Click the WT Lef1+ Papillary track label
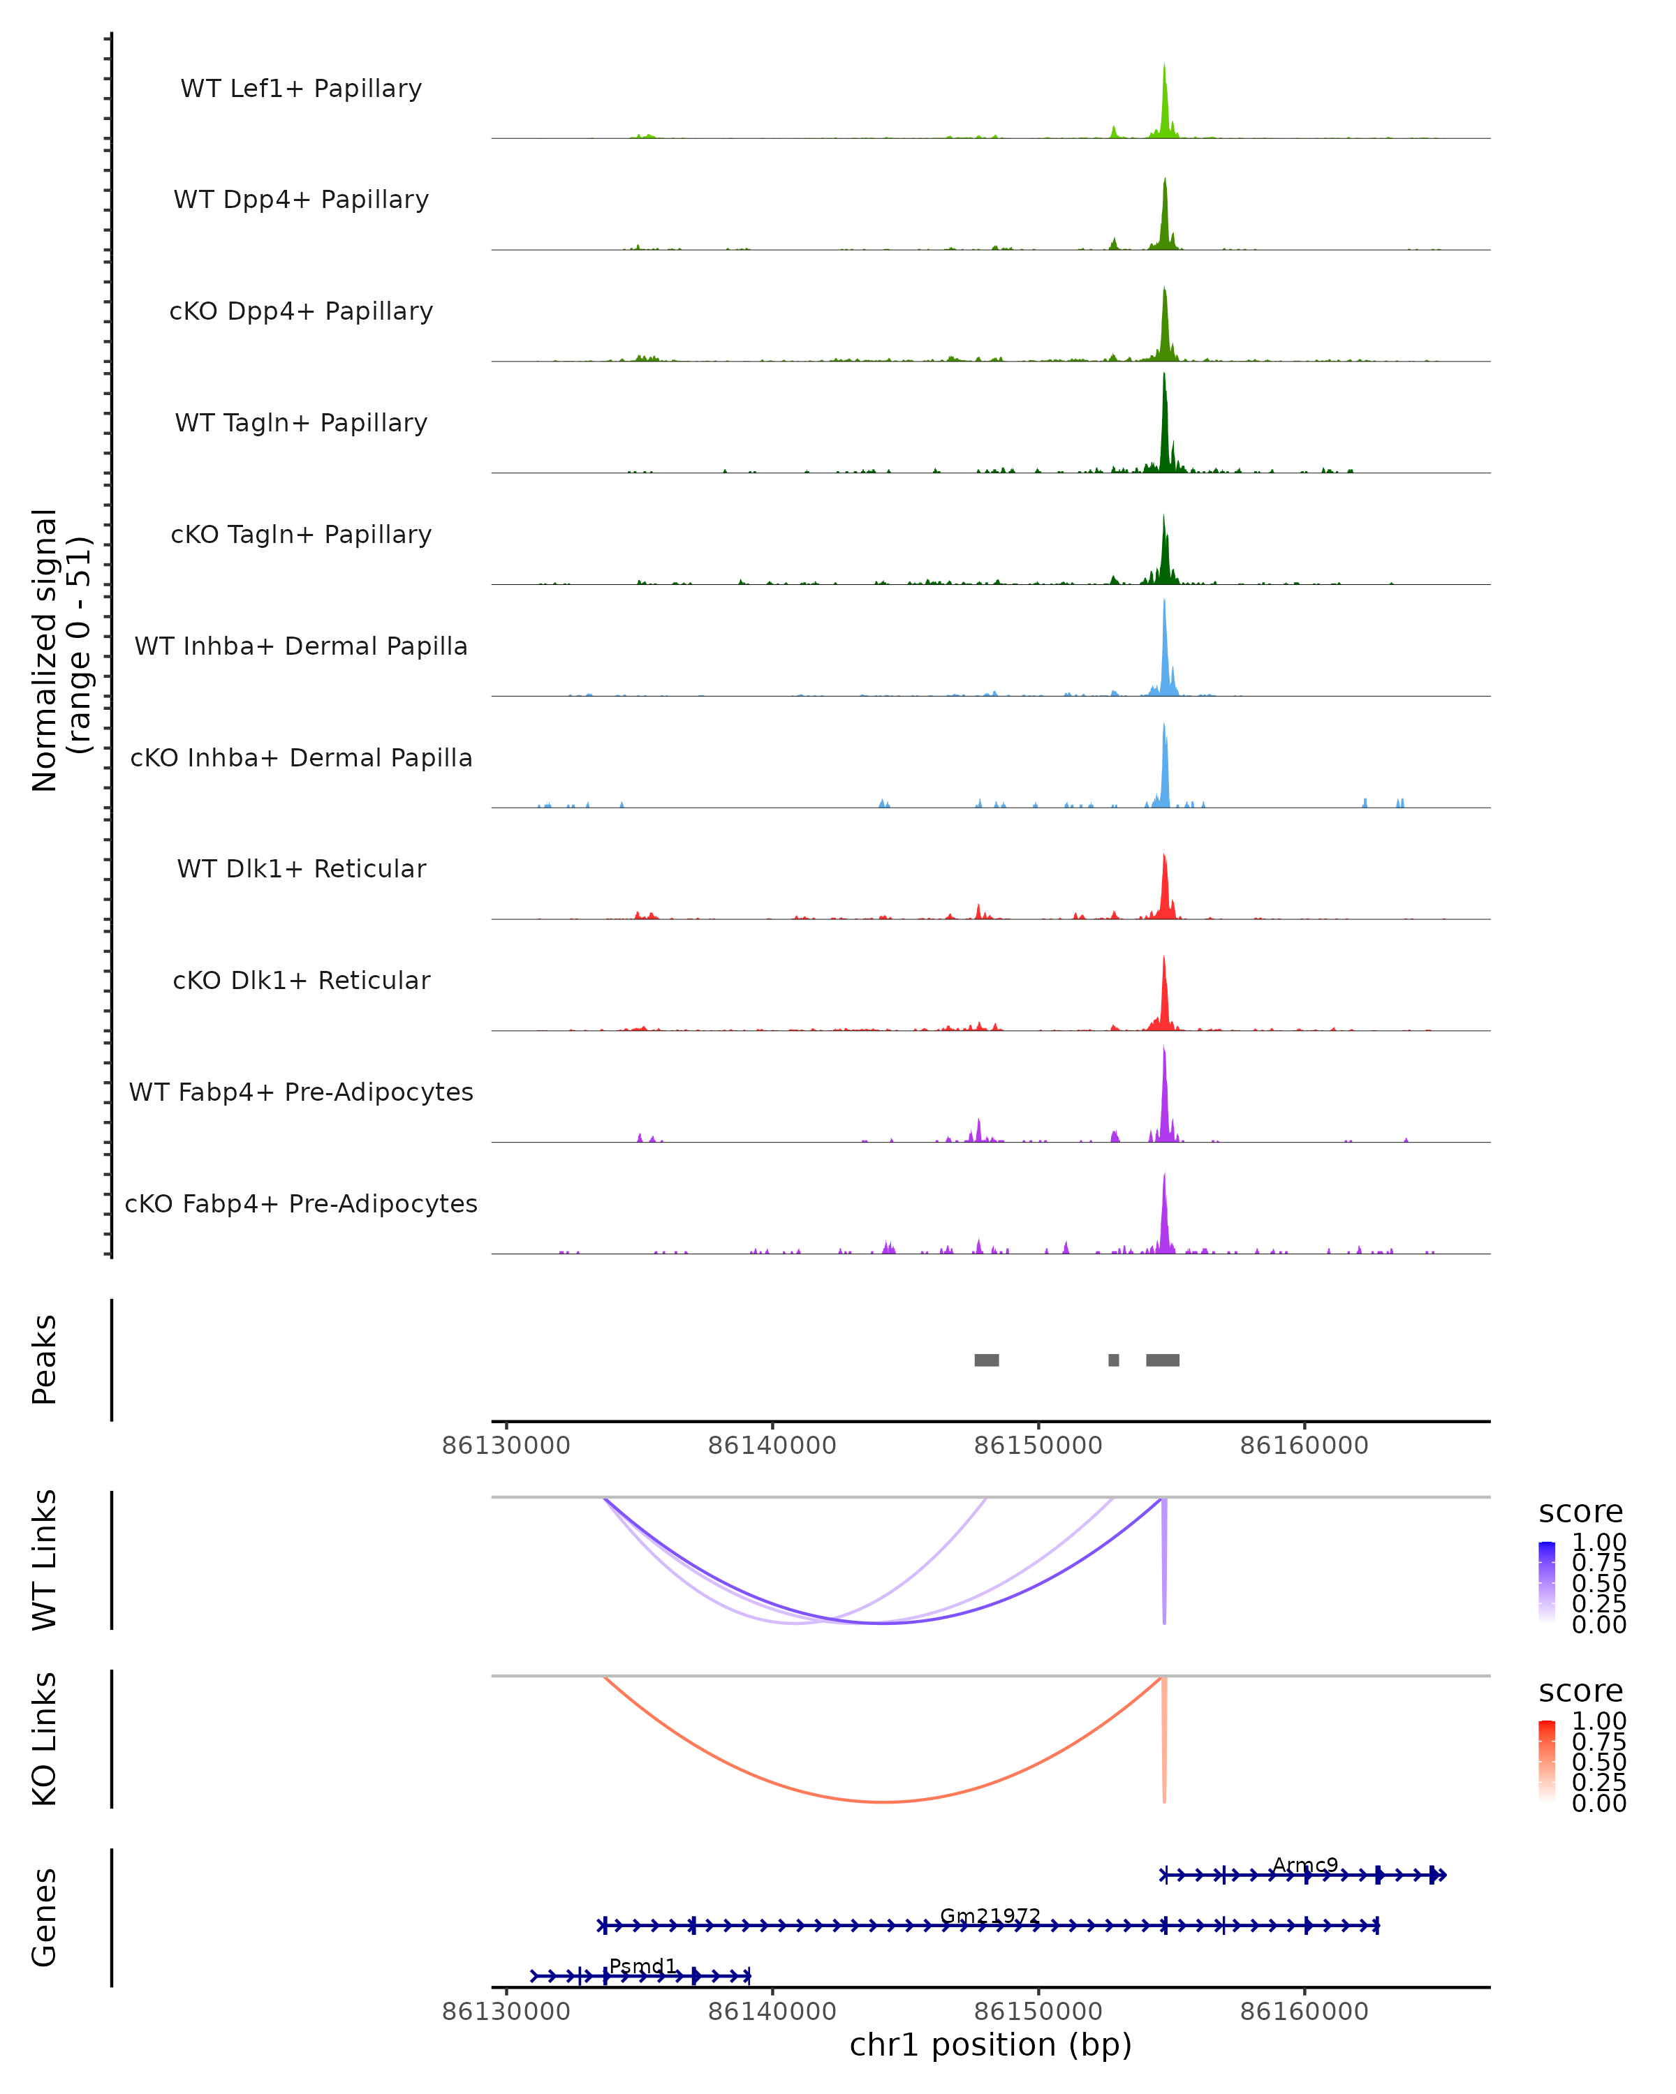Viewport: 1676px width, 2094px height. pos(301,89)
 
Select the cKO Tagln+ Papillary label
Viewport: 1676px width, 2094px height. pos(301,534)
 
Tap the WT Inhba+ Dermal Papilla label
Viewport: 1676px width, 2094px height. pos(301,646)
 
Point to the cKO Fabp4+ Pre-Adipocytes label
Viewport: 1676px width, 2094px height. pos(301,1203)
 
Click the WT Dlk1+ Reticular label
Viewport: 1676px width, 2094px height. pos(301,868)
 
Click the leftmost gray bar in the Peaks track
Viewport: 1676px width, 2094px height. pos(986,1360)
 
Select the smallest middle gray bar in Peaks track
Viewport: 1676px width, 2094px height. pos(1113,1360)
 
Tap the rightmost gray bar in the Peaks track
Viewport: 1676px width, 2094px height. pos(1162,1360)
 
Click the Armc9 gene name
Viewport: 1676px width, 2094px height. pos(1305,1865)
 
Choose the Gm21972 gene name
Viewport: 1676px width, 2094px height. pos(990,1916)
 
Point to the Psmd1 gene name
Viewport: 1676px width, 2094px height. pos(642,1967)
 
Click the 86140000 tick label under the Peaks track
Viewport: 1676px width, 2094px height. pos(772,1446)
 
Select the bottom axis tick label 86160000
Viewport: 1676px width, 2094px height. pos(1304,2012)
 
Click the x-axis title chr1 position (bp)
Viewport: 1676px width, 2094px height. pos(990,2045)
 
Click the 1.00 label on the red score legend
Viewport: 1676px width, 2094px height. pos(1598,1721)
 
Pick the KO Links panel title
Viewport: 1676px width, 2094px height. pos(45,1739)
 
